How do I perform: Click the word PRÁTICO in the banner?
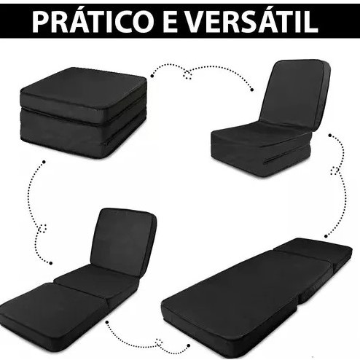92,21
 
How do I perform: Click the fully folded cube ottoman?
83,112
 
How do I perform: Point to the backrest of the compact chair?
296,94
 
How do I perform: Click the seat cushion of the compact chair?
260,133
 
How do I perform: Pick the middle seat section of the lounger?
97,279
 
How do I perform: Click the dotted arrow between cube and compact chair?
202,74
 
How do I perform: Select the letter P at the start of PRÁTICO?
40,23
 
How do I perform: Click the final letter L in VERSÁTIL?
311,23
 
